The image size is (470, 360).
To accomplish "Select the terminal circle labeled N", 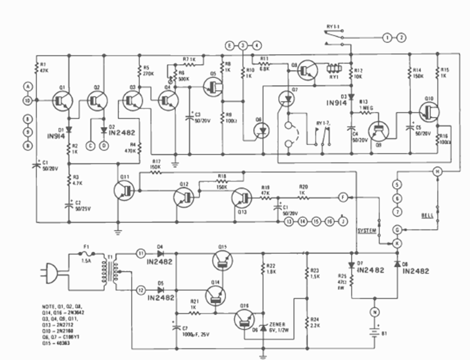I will coord(374,310).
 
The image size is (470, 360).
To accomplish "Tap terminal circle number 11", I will coord(141,252).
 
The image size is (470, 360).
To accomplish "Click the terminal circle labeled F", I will coord(342,197).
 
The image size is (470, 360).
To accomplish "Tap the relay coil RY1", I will coord(333,69).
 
